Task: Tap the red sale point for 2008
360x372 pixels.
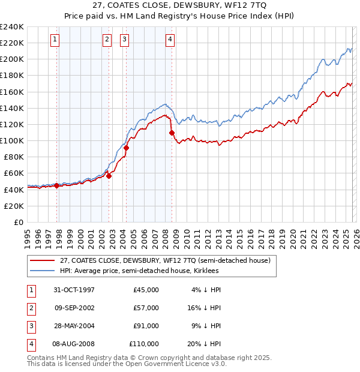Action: (172, 133)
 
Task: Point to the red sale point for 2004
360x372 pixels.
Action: (127, 148)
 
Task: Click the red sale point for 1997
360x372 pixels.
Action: (57, 185)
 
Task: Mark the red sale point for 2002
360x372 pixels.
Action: (109, 176)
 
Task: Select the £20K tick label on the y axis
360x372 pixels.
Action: (13, 206)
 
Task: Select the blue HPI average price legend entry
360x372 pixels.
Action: (139, 271)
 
